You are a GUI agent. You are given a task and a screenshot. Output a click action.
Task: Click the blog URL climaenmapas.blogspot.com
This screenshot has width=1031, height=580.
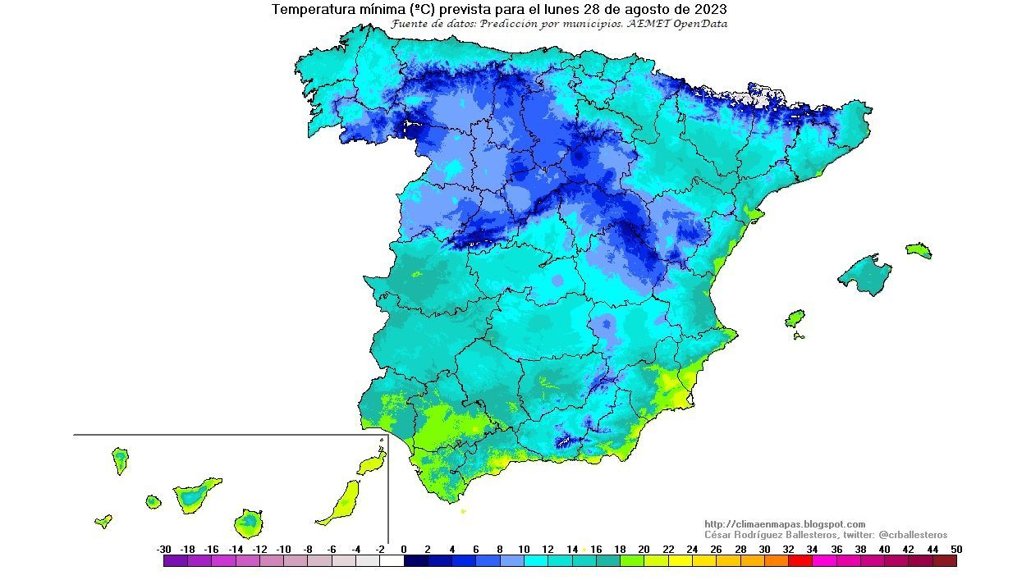point(785,524)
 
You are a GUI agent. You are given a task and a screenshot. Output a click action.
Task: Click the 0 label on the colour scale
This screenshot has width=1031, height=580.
point(404,550)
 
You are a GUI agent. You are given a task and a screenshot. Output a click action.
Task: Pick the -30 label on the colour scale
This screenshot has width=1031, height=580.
point(163,550)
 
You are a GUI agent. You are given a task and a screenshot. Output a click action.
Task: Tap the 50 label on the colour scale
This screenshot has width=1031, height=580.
point(956,550)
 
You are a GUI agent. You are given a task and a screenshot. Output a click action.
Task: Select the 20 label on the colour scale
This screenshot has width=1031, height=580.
point(644,550)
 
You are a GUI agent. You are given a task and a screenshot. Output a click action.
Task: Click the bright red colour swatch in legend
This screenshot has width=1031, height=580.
point(800,562)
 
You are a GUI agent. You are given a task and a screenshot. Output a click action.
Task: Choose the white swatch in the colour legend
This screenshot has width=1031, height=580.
point(392,562)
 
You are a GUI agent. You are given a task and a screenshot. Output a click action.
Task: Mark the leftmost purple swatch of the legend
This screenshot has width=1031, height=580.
point(176,562)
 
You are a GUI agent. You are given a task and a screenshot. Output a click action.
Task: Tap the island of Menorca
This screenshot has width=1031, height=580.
point(919,250)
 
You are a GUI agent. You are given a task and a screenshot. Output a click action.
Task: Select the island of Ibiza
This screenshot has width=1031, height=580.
point(795,318)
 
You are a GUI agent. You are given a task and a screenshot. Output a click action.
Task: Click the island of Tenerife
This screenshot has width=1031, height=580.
point(195,495)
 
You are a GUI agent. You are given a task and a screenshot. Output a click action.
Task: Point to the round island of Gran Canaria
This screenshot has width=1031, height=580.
point(249,522)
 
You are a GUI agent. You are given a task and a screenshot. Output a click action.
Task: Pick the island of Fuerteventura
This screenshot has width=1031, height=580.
point(341,503)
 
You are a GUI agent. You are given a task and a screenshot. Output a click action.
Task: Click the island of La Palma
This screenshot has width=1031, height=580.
point(121,460)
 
